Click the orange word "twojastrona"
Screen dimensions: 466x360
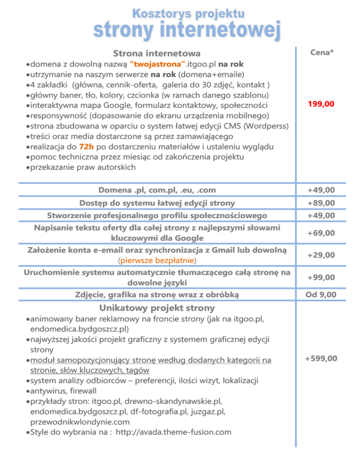(153, 64)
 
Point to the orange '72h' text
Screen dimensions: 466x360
(88, 146)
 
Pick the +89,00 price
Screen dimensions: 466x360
(321, 203)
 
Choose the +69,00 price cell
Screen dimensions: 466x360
(321, 233)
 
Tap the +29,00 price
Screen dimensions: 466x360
(321, 255)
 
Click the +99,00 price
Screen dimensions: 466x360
(321, 278)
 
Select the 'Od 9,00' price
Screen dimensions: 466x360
(321, 294)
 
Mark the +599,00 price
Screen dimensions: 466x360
(321, 359)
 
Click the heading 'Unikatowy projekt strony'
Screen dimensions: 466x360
(157, 308)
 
